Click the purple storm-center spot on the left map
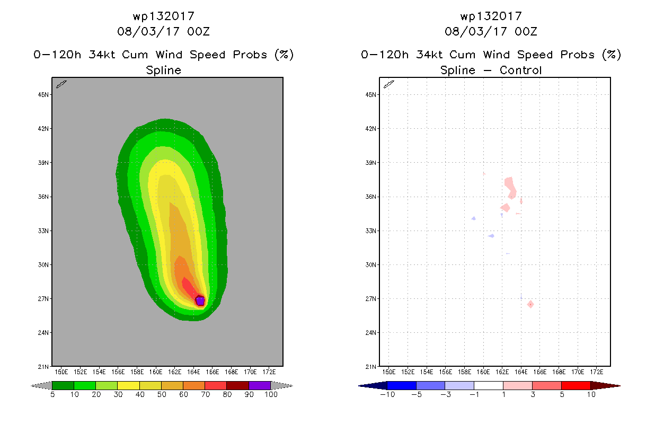[200, 301]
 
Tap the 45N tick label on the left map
[44, 95]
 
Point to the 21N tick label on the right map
[371, 367]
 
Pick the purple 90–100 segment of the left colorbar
[260, 386]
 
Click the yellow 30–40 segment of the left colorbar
[128, 386]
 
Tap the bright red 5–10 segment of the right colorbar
[576, 386]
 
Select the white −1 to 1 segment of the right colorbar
[489, 386]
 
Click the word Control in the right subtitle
[521, 70]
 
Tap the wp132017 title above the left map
[163, 16]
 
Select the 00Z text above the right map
[526, 31]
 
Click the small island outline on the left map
[61, 84]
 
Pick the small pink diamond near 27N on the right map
[530, 304]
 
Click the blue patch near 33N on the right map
[492, 236]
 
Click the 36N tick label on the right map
[371, 197]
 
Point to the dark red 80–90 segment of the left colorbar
[237, 386]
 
